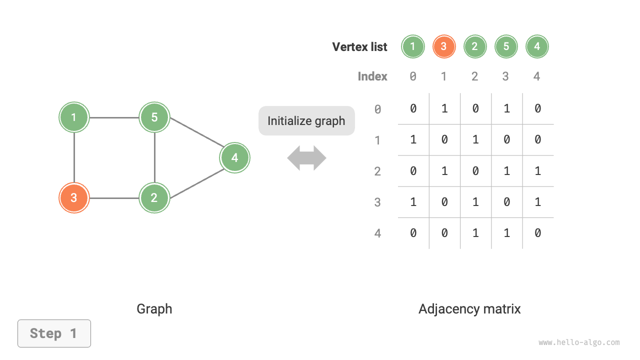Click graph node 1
74,117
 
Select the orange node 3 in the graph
74,198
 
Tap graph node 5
154,117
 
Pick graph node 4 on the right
234,158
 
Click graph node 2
154,198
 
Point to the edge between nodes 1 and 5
114,118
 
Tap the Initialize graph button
306,120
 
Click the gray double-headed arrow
306,158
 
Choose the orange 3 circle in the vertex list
444,47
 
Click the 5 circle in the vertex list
506,47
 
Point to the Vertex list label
359,47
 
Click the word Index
372,76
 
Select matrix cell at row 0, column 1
444,108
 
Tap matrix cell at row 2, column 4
537,171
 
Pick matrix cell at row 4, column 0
413,233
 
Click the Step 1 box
54,333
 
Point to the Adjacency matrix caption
469,309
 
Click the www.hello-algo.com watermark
579,342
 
